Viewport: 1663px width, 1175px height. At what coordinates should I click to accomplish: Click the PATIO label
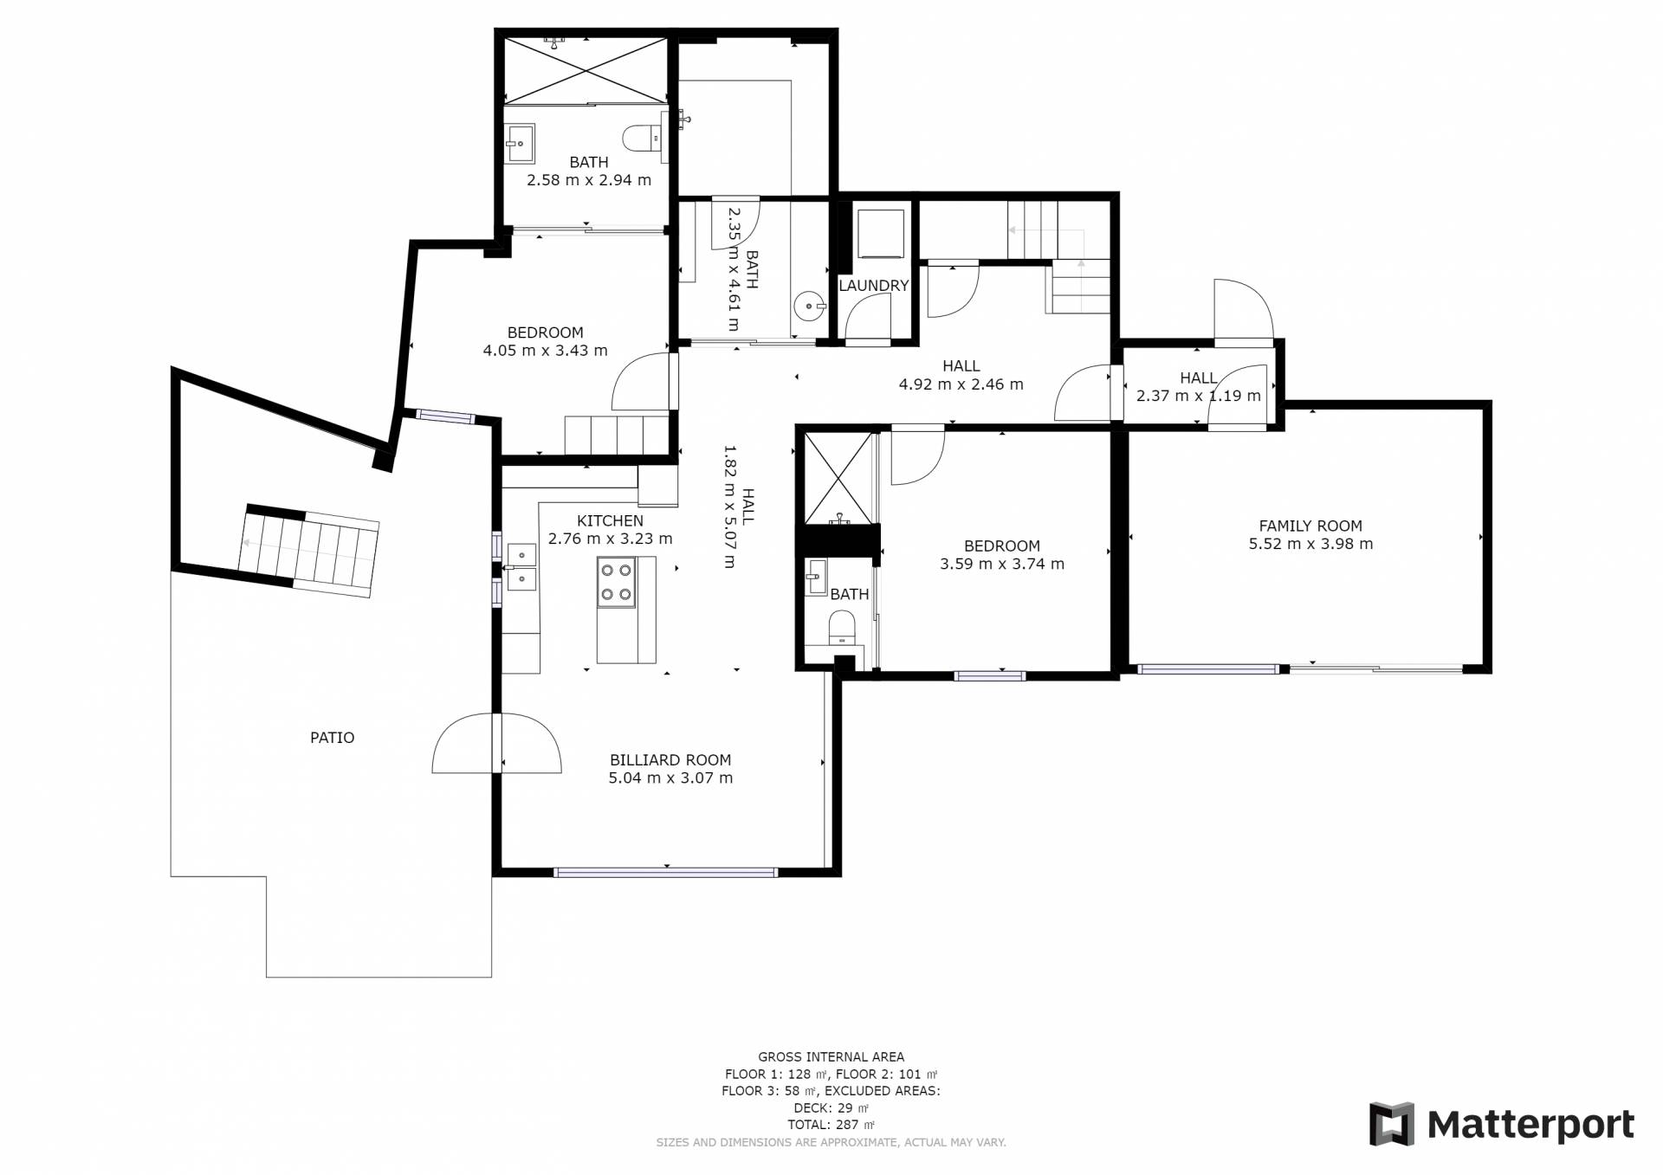332,738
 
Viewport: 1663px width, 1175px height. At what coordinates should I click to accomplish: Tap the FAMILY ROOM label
1310,526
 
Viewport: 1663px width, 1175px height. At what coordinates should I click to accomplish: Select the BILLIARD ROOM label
670,760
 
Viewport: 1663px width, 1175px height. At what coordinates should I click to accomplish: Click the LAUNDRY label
873,286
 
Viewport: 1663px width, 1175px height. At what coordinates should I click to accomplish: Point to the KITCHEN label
610,520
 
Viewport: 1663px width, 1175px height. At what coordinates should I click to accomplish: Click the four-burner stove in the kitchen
616,582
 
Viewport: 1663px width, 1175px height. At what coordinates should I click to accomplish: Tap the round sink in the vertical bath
809,305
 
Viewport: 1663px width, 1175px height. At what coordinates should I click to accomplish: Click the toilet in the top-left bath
643,138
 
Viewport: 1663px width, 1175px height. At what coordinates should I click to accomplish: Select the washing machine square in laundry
880,234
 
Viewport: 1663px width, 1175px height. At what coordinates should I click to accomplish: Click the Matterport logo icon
1391,1124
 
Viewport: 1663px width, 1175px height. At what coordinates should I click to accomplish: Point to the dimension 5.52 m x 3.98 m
1310,544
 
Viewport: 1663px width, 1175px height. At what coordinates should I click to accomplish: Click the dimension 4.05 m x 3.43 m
545,351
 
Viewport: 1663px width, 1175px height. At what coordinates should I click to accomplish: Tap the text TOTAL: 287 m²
831,1125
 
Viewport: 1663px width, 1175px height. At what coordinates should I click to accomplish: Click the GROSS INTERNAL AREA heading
831,1056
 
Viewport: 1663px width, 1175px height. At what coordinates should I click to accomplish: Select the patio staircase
308,551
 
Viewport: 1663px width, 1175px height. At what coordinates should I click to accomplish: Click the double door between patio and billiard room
497,743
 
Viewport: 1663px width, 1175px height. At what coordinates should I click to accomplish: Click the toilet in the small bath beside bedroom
842,627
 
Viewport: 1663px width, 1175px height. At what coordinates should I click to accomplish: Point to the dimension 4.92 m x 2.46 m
961,384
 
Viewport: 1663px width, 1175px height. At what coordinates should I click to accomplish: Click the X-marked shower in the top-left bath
586,70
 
